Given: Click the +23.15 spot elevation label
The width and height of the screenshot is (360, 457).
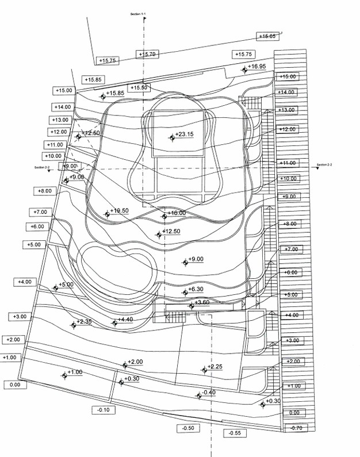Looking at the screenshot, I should pyautogui.click(x=185, y=135).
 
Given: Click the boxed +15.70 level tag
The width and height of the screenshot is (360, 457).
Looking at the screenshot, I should pyautogui.click(x=147, y=54).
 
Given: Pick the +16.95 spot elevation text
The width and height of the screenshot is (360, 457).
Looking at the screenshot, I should pyautogui.click(x=258, y=67).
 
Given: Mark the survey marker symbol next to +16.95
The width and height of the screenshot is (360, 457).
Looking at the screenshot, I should pyautogui.click(x=245, y=70).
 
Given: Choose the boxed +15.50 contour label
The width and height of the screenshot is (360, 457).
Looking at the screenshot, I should pyautogui.click(x=139, y=87).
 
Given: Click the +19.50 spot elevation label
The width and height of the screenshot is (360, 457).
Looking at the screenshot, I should pyautogui.click(x=120, y=211).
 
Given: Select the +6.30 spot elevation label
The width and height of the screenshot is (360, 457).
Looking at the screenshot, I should pyautogui.click(x=196, y=289).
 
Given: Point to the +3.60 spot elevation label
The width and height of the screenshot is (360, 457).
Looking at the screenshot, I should pyautogui.click(x=202, y=302).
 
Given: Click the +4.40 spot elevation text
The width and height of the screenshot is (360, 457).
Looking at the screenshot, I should pyautogui.click(x=125, y=320).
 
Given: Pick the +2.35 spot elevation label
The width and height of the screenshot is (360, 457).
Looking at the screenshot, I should pyautogui.click(x=85, y=322).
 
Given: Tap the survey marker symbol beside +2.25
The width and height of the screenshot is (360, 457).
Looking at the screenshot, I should pyautogui.click(x=204, y=370).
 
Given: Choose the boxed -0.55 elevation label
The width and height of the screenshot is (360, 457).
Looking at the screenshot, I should pyautogui.click(x=235, y=433).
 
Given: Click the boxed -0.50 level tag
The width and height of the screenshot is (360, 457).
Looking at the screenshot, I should pyautogui.click(x=188, y=428).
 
